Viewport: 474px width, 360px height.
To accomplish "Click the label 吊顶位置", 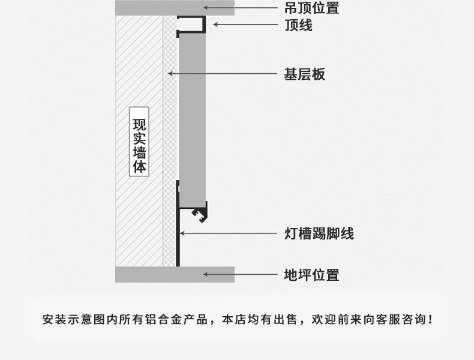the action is tap(311, 8).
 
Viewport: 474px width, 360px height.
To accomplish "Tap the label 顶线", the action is tap(298, 25).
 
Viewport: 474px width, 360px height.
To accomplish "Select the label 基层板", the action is tap(305, 74).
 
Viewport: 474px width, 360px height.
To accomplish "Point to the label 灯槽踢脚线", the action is tap(319, 233).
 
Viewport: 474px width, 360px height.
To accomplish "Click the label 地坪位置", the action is tap(311, 275).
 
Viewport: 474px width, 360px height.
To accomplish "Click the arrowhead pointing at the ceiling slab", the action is tap(206, 8).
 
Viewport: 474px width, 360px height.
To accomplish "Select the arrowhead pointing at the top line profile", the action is tap(215, 24).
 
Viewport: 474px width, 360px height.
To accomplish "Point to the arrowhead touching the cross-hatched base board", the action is tap(170, 73).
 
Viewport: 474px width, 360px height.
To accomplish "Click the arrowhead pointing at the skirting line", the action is tap(182, 233).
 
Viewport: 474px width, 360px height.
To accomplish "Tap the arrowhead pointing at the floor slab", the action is tap(206, 274).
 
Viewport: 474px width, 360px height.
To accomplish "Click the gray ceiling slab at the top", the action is tap(175, 8).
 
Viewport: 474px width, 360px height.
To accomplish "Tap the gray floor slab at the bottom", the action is tap(175, 274).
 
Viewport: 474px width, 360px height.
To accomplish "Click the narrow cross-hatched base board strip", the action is tap(170, 141).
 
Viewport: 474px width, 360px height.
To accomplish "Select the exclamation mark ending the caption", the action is tap(430, 319).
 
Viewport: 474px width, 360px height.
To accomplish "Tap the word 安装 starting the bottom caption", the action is tap(55, 319).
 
